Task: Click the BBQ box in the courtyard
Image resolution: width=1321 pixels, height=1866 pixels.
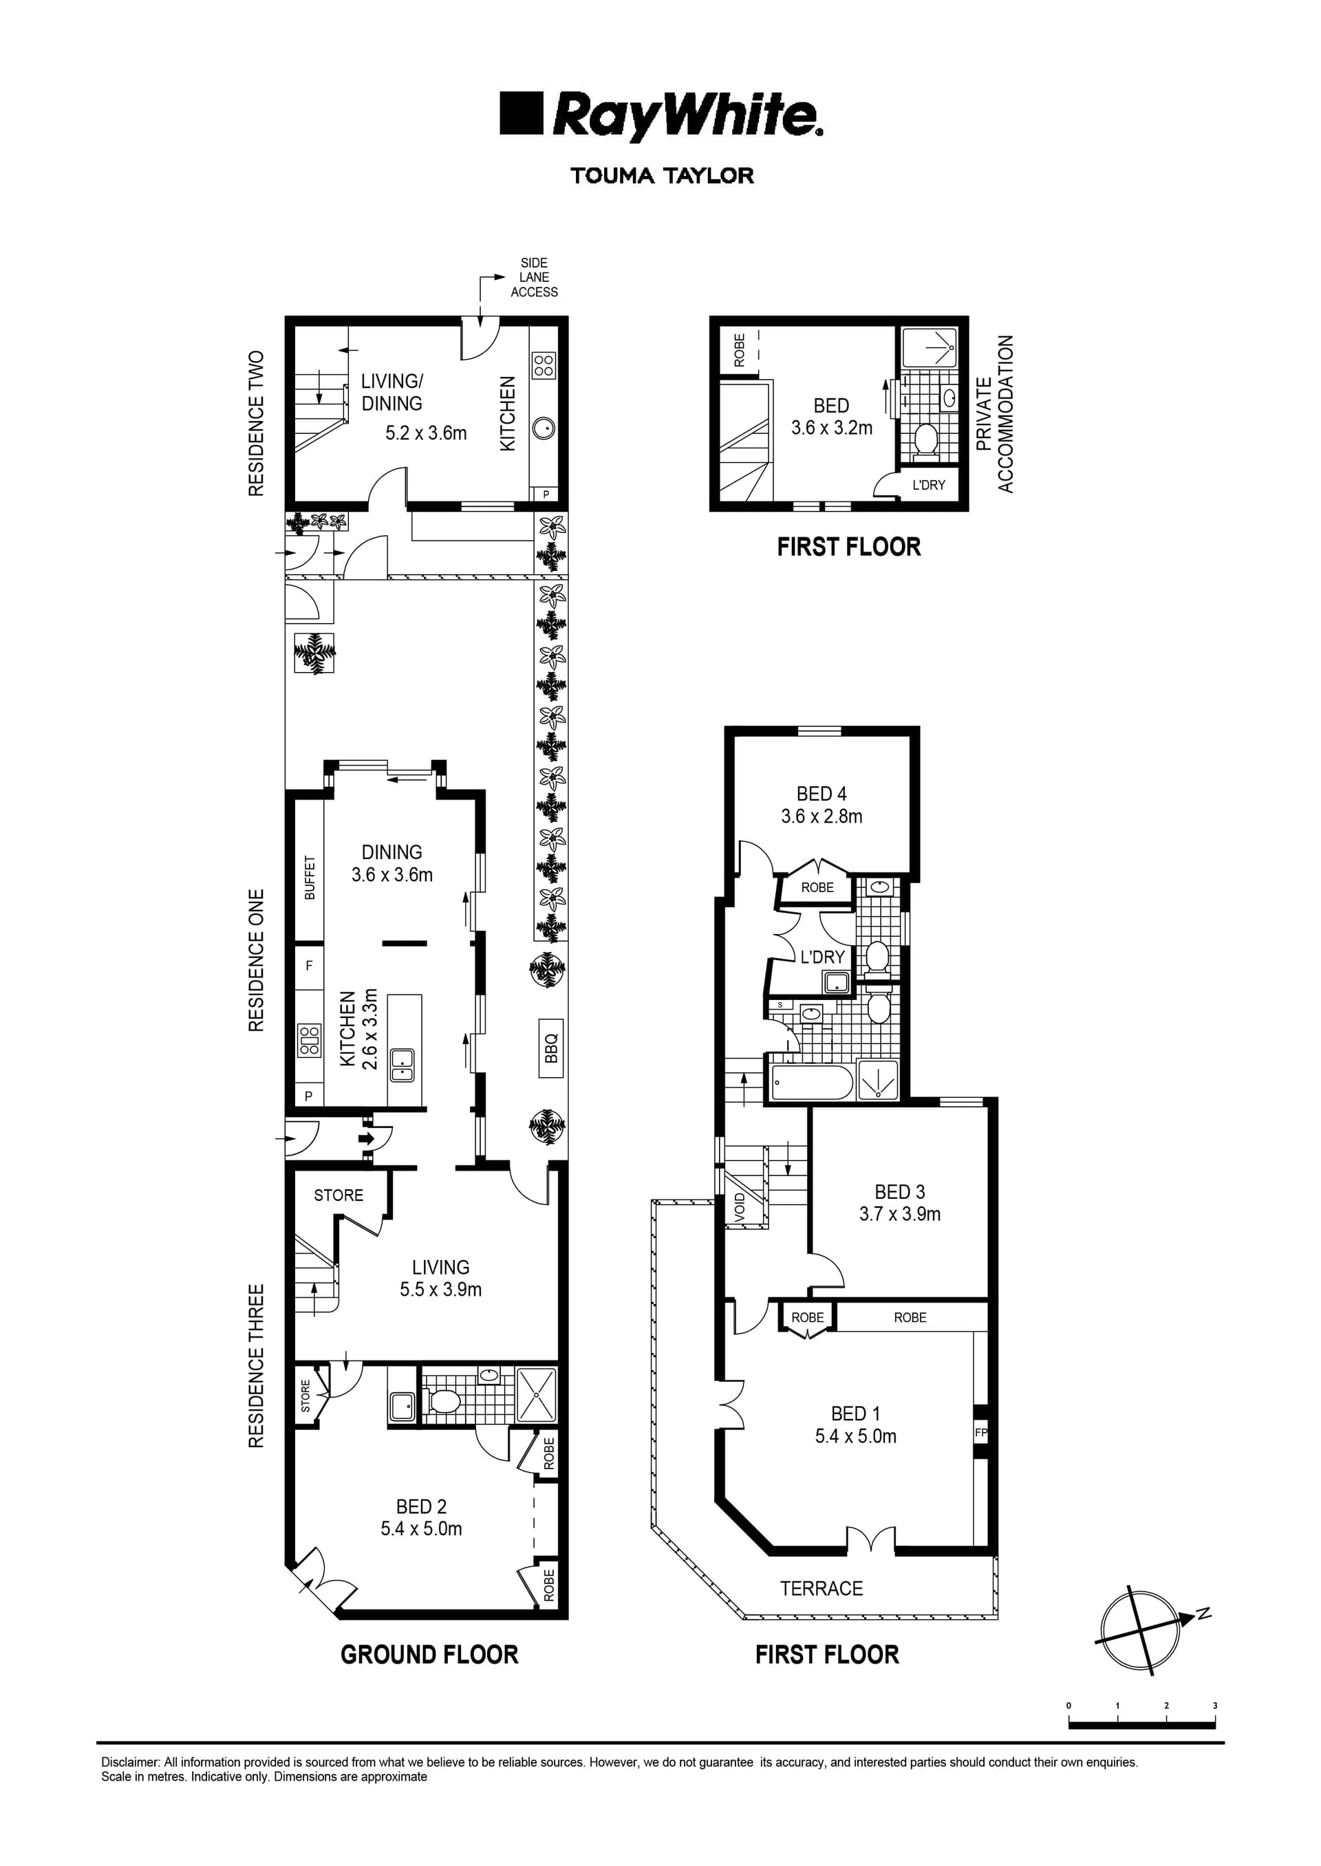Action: point(550,1048)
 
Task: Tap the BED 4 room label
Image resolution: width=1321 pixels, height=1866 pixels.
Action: point(821,794)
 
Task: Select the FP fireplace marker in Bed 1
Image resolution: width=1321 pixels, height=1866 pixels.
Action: point(980,1433)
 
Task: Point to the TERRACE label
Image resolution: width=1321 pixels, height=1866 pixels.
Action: point(821,1588)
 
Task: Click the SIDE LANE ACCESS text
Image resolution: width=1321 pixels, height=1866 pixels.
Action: point(534,277)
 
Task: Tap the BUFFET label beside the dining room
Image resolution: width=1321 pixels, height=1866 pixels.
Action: point(309,878)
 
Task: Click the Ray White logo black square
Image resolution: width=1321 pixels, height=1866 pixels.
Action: point(521,113)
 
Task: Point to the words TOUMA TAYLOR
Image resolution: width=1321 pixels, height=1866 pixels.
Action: point(661,175)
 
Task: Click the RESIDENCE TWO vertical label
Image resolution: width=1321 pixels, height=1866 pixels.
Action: point(256,423)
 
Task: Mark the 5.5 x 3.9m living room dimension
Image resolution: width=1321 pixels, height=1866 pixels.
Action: point(440,1290)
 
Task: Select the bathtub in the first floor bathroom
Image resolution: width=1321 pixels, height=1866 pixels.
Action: point(811,1082)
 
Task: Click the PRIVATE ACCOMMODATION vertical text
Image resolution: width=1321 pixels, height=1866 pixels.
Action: point(994,414)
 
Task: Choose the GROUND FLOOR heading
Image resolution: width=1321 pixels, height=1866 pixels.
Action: point(429,1655)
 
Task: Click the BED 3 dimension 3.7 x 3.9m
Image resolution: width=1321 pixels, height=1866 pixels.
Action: point(900,1214)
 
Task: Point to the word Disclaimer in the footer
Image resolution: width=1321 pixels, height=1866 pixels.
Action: point(130,1763)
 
